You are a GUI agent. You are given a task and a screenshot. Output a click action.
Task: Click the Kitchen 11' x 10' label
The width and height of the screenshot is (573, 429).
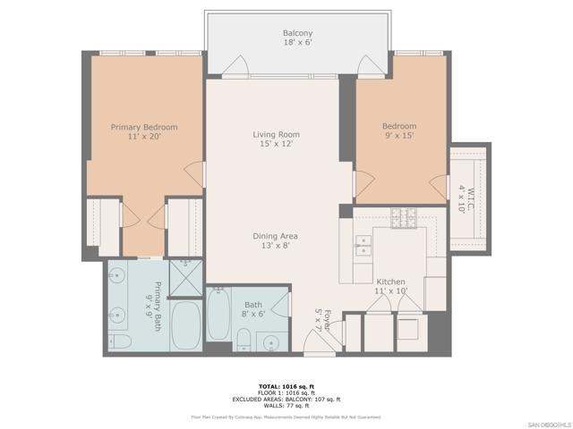(x=391, y=285)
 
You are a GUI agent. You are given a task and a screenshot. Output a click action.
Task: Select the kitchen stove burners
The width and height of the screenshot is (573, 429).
(x=405, y=214)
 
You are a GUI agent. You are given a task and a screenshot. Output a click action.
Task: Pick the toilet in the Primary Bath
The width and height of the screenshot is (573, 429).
(x=120, y=342)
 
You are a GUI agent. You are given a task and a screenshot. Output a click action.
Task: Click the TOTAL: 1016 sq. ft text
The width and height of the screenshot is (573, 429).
(x=286, y=384)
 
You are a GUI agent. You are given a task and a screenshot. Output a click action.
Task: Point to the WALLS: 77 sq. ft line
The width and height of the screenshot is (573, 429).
(x=286, y=405)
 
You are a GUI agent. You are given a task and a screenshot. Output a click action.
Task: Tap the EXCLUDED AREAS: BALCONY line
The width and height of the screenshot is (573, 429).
(x=286, y=399)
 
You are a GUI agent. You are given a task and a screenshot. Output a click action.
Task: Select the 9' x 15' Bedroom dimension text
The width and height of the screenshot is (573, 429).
(x=399, y=137)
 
